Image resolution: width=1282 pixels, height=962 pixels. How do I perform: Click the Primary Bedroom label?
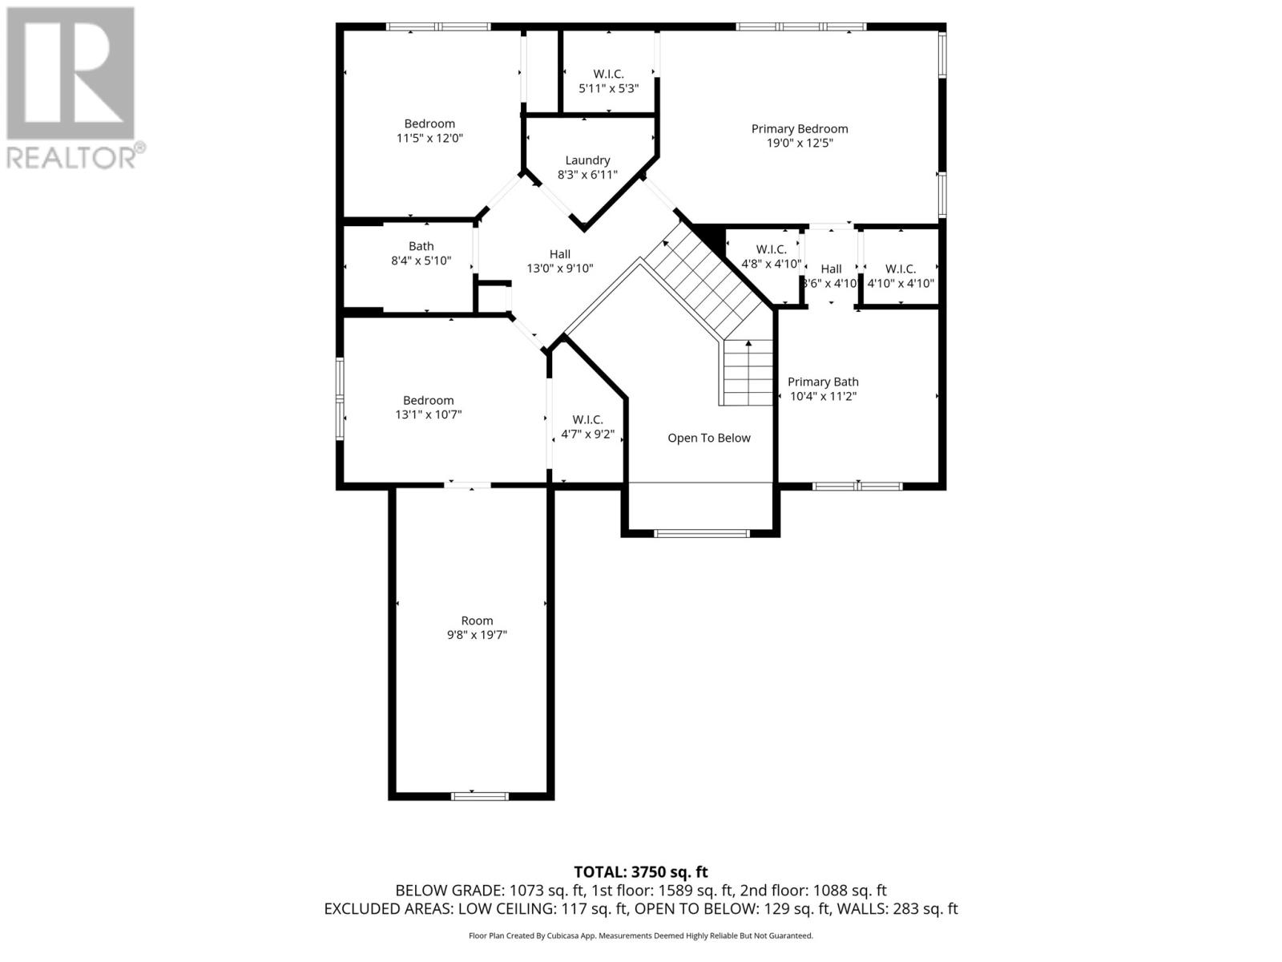[799, 129]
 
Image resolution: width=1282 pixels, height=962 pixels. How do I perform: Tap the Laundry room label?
[587, 160]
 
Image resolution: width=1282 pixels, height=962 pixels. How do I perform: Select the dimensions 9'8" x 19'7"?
[477, 635]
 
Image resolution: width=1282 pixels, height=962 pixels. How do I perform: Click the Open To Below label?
[709, 438]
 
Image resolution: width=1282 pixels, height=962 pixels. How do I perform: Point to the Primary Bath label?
[823, 382]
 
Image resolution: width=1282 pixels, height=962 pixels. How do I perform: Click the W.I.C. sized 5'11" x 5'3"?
[608, 81]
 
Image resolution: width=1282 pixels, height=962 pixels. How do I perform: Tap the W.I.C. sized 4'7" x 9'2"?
[587, 427]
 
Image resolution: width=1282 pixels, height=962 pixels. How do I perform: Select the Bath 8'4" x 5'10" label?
[421, 253]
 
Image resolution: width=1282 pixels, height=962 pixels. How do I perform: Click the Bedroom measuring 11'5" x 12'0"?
[429, 131]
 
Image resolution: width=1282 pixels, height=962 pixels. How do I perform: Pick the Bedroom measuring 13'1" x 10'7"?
[428, 407]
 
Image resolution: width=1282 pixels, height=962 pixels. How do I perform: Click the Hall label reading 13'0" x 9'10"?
[559, 261]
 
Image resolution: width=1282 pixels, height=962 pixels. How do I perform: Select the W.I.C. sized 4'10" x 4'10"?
[900, 276]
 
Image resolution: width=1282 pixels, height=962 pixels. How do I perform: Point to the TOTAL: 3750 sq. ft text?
[640, 871]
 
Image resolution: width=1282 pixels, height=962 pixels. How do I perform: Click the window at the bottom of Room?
[479, 796]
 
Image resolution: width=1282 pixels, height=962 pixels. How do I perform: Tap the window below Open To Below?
[701, 533]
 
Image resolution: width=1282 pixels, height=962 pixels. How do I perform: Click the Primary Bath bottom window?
[857, 486]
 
